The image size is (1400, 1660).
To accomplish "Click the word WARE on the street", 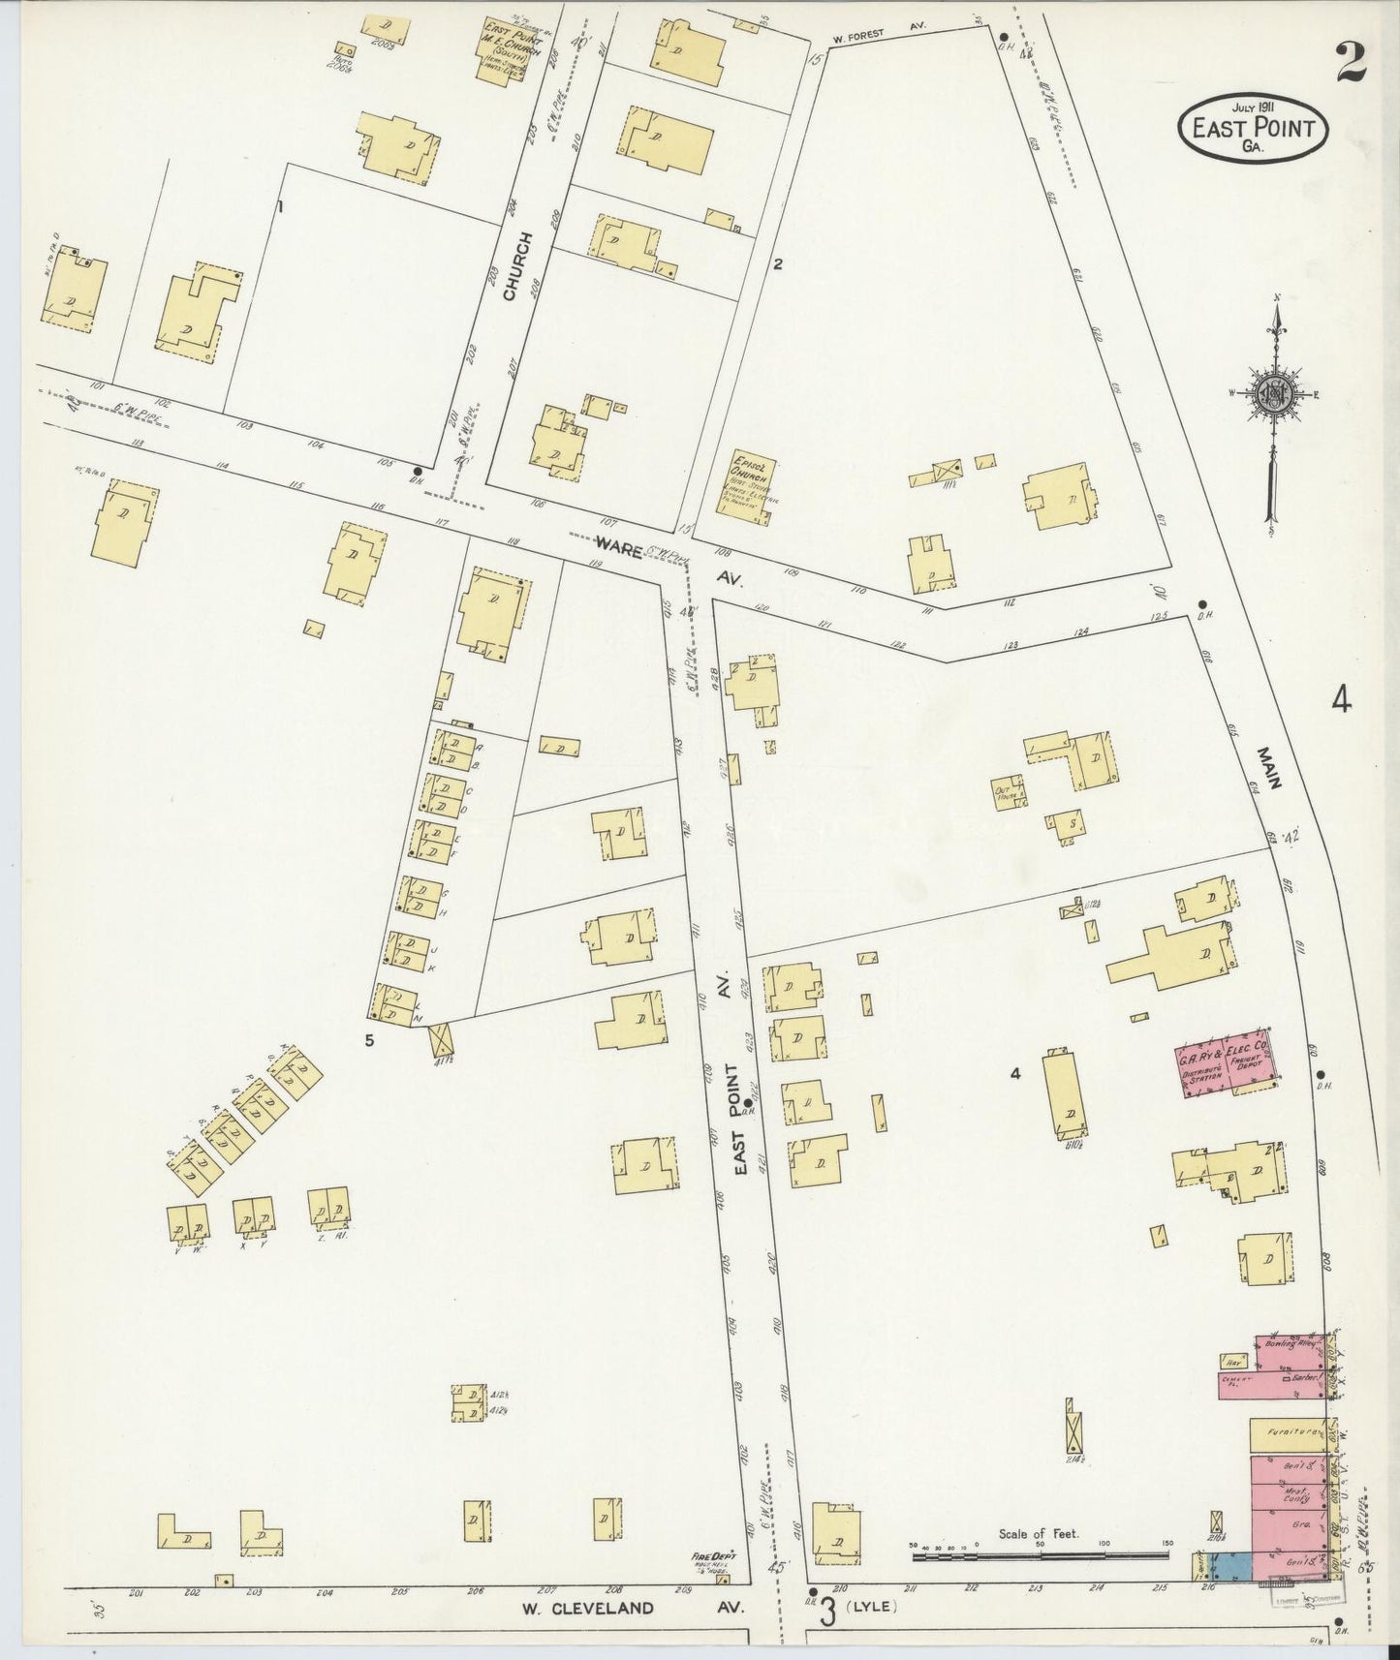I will click(618, 550).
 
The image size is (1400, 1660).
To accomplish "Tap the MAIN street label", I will click(1269, 767).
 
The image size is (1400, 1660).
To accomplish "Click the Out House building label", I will click(1004, 792).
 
